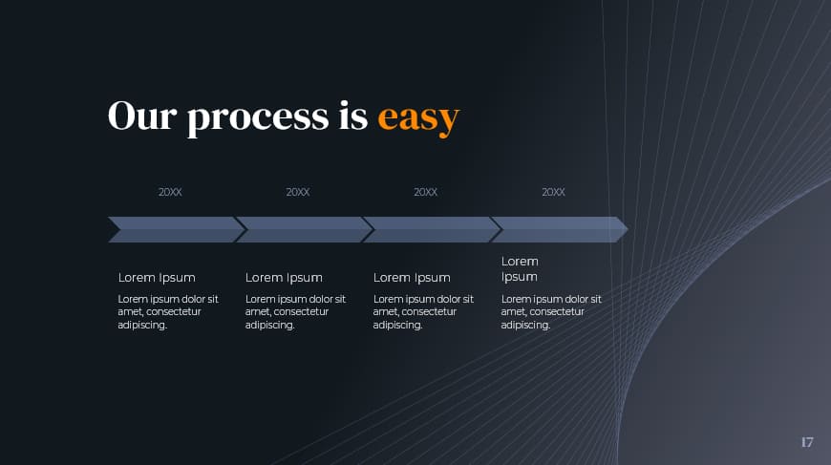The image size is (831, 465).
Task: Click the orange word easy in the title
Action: [418, 117]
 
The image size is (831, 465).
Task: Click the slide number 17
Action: [807, 442]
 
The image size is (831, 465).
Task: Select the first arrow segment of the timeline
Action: [172, 229]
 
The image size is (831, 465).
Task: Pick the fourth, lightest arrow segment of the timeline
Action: [554, 229]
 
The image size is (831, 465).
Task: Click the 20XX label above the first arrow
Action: [170, 192]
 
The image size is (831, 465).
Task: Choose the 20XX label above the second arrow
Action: [298, 192]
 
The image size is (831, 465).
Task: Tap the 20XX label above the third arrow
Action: [426, 192]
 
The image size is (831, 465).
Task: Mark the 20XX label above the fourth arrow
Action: [553, 192]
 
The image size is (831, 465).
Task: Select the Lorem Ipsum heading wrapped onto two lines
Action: [520, 269]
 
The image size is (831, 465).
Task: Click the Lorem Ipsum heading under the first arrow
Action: [157, 278]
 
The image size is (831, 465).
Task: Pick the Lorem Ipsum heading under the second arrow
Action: [284, 278]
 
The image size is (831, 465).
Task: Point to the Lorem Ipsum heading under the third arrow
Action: [412, 278]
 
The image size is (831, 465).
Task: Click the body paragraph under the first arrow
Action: [168, 312]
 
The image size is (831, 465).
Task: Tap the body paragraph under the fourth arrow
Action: [551, 312]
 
